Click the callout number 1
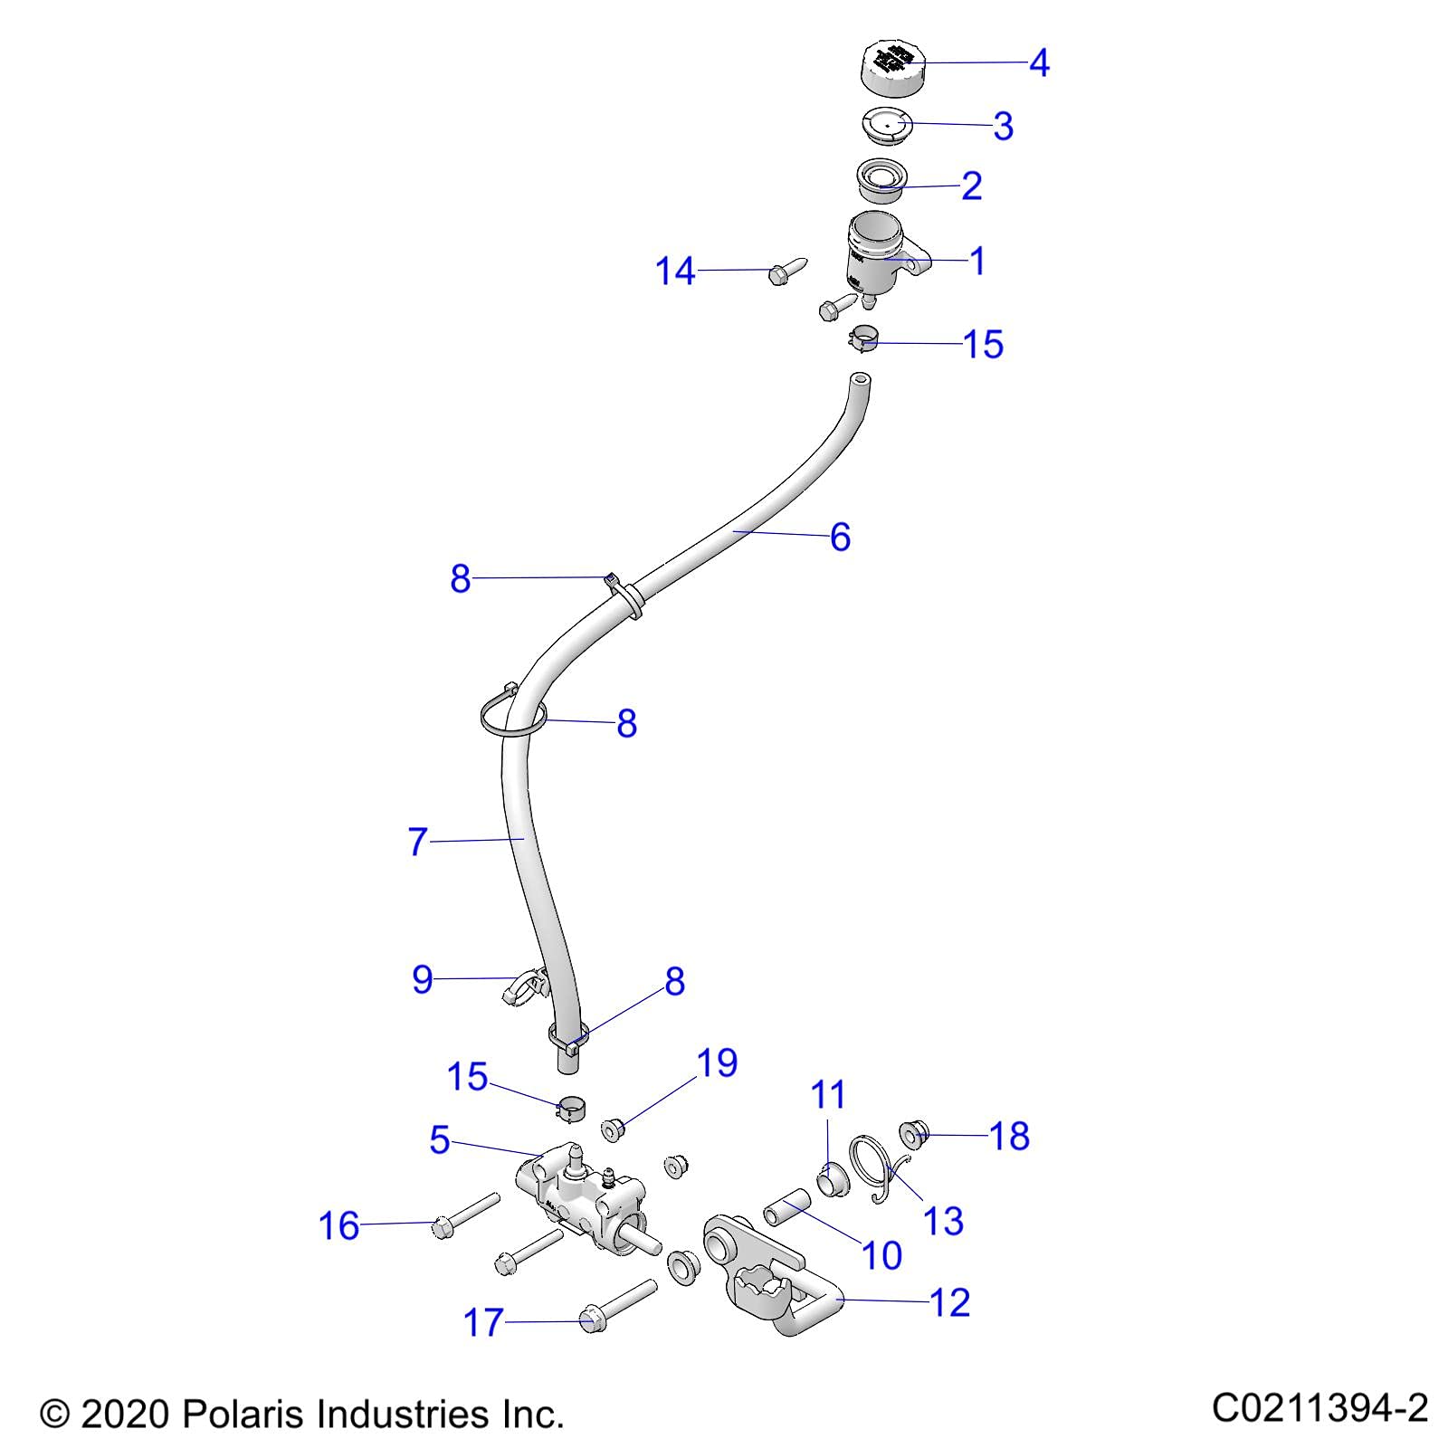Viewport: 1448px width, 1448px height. click(976, 261)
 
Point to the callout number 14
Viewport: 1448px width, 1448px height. click(675, 271)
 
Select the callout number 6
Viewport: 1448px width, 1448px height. click(840, 537)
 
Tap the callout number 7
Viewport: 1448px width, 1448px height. click(417, 842)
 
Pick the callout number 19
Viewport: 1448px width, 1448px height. click(717, 1062)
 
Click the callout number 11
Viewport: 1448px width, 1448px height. click(828, 1095)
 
